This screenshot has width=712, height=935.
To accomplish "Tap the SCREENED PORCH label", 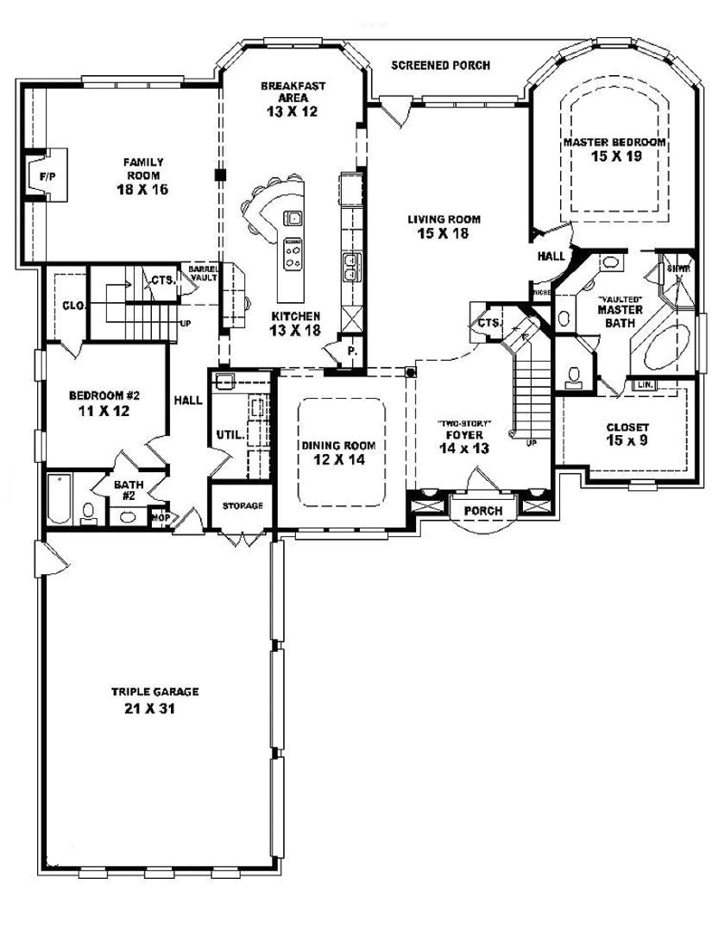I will [440, 65].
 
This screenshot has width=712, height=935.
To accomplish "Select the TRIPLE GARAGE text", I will [155, 692].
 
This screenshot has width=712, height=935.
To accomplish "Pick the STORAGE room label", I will [243, 505].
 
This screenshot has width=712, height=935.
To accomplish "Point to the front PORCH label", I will [483, 511].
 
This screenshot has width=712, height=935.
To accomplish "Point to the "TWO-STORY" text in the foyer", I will [464, 423].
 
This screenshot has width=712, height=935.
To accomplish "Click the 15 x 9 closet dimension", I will [627, 441].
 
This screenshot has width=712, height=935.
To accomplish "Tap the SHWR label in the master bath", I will [678, 268].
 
